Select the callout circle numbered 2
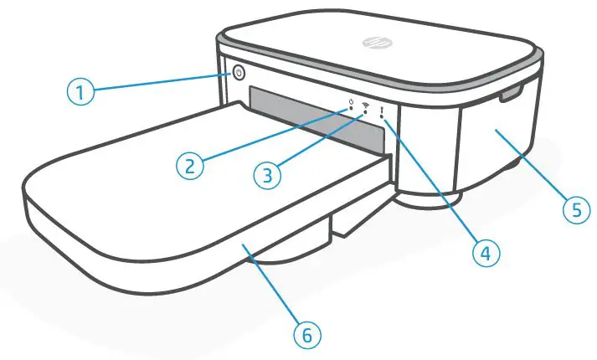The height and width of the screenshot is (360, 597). pyautogui.click(x=192, y=164)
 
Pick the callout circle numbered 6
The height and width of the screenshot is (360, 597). pyautogui.click(x=306, y=335)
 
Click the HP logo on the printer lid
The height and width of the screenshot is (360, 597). pyautogui.click(x=371, y=42)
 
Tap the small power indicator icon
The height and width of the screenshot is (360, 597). pyautogui.click(x=351, y=105)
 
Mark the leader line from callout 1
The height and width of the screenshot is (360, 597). pyautogui.click(x=159, y=81)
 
